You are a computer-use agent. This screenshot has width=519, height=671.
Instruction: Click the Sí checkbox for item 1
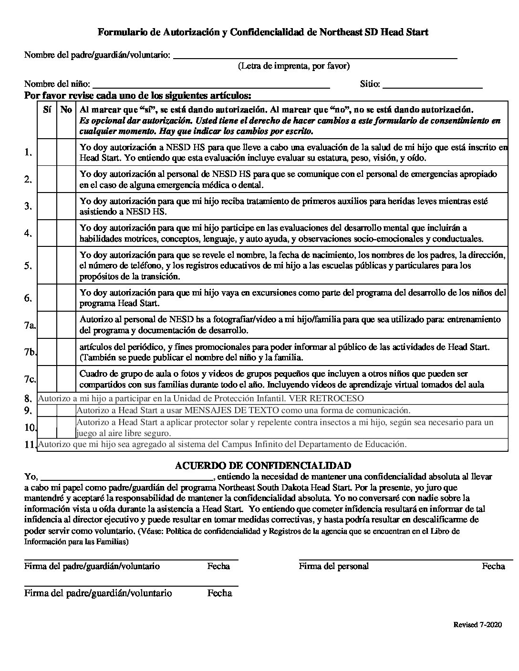coord(47,152)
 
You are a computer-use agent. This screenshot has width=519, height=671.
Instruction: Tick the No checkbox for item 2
coord(66,179)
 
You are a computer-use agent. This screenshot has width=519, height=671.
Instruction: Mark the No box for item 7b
coord(66,352)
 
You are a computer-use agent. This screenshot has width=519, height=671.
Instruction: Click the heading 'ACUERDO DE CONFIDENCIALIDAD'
coord(263,466)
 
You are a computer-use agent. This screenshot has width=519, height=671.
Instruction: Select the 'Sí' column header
coord(47,110)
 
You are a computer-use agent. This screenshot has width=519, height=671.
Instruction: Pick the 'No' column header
coord(66,110)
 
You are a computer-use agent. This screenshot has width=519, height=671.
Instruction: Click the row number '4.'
coord(28,234)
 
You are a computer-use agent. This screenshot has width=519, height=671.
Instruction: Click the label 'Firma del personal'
coord(333,566)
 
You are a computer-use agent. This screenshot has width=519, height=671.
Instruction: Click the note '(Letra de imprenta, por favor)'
coord(294,66)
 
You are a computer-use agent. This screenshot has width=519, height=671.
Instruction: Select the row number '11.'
coord(30,445)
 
